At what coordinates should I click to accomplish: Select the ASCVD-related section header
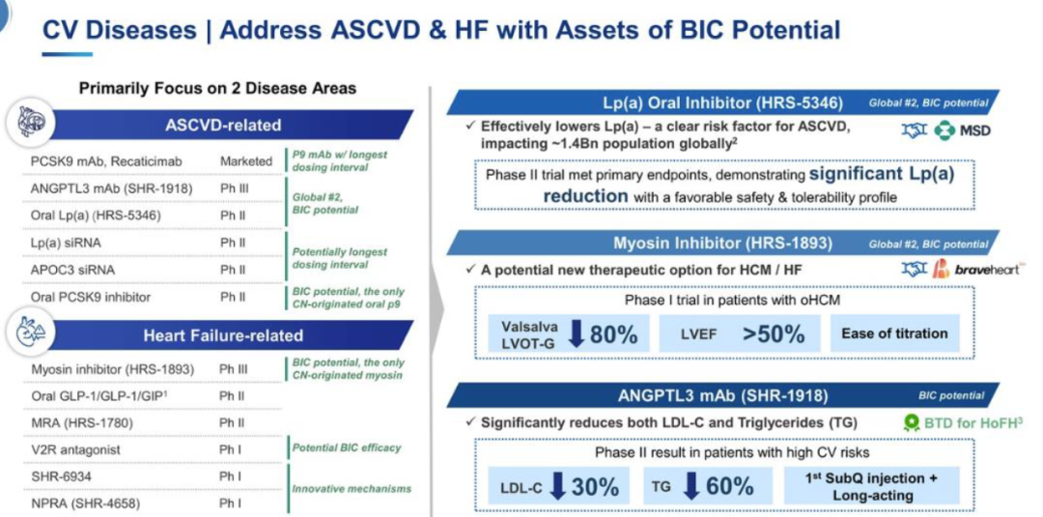click(223, 125)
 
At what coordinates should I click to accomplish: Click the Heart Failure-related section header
click(223, 335)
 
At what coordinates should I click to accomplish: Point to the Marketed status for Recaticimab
click(246, 161)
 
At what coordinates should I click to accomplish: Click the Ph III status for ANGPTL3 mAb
click(234, 188)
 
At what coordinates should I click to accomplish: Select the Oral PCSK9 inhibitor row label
click(91, 297)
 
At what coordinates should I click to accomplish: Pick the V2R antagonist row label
click(76, 449)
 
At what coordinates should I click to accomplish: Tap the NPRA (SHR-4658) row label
click(85, 503)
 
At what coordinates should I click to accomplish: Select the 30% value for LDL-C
click(595, 487)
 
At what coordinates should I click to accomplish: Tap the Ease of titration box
click(894, 333)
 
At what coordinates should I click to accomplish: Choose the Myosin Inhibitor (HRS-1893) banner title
click(722, 244)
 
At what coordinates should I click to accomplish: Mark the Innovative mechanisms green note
click(352, 489)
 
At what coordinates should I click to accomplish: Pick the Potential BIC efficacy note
click(348, 447)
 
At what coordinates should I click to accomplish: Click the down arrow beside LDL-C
click(558, 486)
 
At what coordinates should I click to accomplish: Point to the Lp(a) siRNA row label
click(66, 243)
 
